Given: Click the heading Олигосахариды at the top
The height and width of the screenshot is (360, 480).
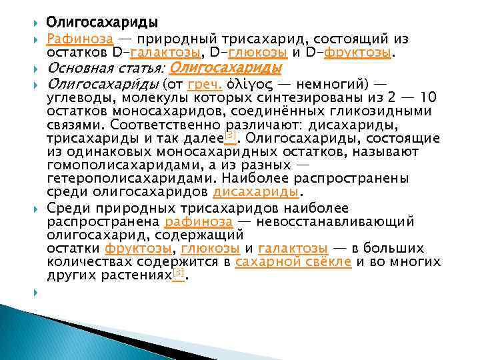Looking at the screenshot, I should tap(101, 24).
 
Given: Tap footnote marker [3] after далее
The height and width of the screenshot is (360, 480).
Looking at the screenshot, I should tap(230, 135).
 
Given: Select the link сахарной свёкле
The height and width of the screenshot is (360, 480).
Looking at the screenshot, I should tap(293, 262).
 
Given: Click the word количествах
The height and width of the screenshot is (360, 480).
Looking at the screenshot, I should tap(95, 262).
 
